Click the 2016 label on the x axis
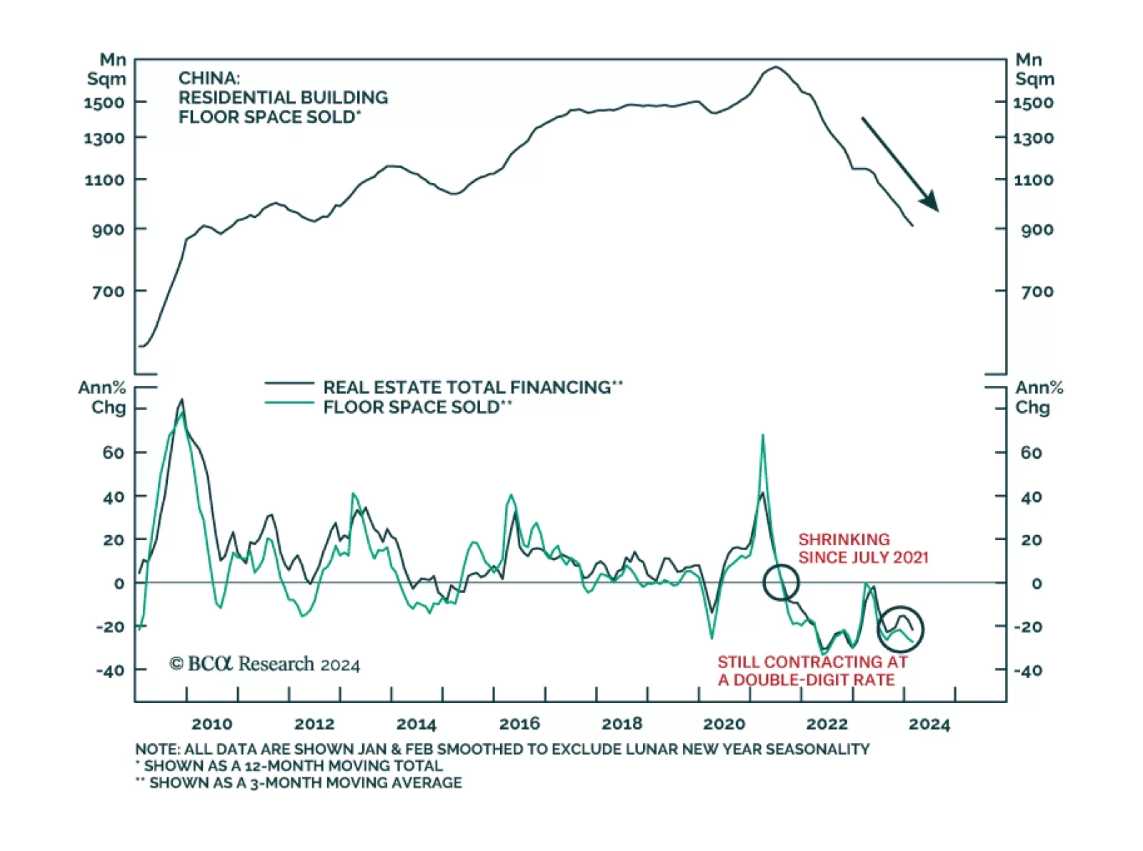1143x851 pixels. (x=519, y=724)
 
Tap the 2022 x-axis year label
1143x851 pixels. (x=827, y=724)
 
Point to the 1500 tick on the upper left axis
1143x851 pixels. (x=104, y=103)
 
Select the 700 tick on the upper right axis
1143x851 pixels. (x=1037, y=292)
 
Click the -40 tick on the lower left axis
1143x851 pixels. (x=110, y=670)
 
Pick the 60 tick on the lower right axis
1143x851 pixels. (x=1031, y=452)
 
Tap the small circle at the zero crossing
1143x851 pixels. (x=781, y=582)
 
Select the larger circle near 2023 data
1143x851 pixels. (x=901, y=629)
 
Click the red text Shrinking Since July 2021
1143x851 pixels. (x=863, y=548)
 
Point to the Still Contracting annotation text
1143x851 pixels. (x=812, y=671)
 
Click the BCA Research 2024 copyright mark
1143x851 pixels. (x=265, y=665)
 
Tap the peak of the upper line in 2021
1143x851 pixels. (x=775, y=67)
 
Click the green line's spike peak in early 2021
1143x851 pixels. (x=762, y=435)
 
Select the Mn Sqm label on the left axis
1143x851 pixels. (x=106, y=69)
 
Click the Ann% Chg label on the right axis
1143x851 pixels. (x=1039, y=397)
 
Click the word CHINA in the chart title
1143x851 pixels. (x=209, y=78)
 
